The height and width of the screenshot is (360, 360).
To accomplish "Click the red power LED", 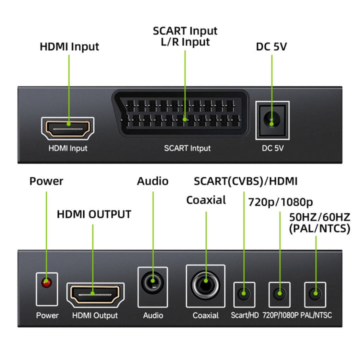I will click(x=46, y=283).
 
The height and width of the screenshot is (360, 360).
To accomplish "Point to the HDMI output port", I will click(x=95, y=294).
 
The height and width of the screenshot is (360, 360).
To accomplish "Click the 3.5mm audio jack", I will click(x=153, y=285).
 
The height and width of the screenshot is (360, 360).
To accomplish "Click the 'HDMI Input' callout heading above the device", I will click(x=69, y=47).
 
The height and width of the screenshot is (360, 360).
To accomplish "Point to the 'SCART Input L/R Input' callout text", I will click(x=185, y=36).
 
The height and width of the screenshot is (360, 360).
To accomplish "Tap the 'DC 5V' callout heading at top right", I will click(x=271, y=47).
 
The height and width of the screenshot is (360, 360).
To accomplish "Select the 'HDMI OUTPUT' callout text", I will click(x=94, y=214).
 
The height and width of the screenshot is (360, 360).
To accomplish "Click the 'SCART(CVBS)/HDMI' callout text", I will click(x=245, y=181).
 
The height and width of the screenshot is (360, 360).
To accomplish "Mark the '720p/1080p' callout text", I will click(x=280, y=202).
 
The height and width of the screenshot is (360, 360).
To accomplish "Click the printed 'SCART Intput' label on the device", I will click(x=187, y=148).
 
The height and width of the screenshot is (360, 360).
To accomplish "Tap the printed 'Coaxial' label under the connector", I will click(x=205, y=315).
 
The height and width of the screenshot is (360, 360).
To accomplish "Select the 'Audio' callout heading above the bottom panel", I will click(x=152, y=181).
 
